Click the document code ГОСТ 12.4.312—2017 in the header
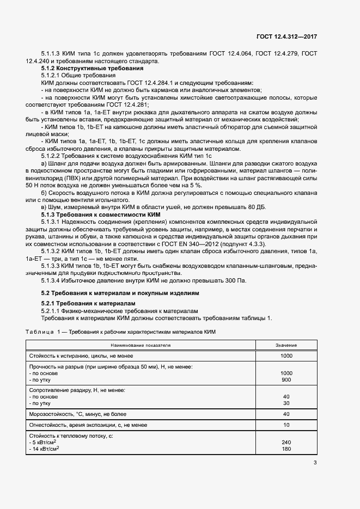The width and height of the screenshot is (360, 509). (286, 36)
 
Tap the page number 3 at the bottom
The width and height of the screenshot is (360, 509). (315, 463)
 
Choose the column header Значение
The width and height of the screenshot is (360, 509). (286, 346)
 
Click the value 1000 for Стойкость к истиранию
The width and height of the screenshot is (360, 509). (286, 355)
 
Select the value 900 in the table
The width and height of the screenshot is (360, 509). (286, 379)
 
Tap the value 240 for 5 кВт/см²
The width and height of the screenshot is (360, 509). (286, 442)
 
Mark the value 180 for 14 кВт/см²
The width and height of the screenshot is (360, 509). (286, 449)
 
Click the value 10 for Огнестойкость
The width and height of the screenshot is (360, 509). (286, 425)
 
